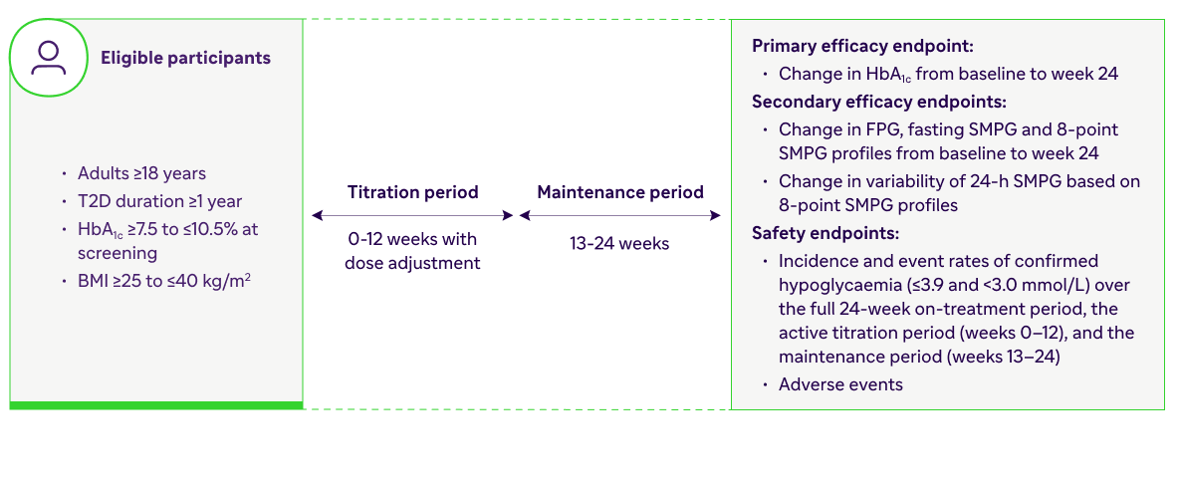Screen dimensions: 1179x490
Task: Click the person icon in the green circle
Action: click(48, 59)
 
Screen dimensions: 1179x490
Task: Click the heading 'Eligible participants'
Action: click(186, 58)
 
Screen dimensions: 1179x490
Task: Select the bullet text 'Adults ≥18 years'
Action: click(142, 173)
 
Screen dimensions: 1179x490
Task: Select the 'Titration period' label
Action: click(413, 191)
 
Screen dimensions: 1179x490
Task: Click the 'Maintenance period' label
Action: click(620, 191)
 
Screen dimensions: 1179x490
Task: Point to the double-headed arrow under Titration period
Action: click(413, 216)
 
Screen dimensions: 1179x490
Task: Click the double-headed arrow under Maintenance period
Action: click(620, 216)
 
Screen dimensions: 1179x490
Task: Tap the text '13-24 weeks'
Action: click(619, 243)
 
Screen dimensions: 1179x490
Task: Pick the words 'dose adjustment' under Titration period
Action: click(413, 264)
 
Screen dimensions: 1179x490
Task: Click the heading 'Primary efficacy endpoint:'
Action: click(863, 46)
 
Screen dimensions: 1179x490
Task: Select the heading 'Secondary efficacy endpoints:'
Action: click(879, 102)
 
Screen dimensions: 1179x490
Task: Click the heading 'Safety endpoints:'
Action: click(825, 233)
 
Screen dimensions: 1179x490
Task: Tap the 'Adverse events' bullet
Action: click(840, 384)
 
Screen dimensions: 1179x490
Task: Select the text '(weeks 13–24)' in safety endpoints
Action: click(1001, 357)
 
